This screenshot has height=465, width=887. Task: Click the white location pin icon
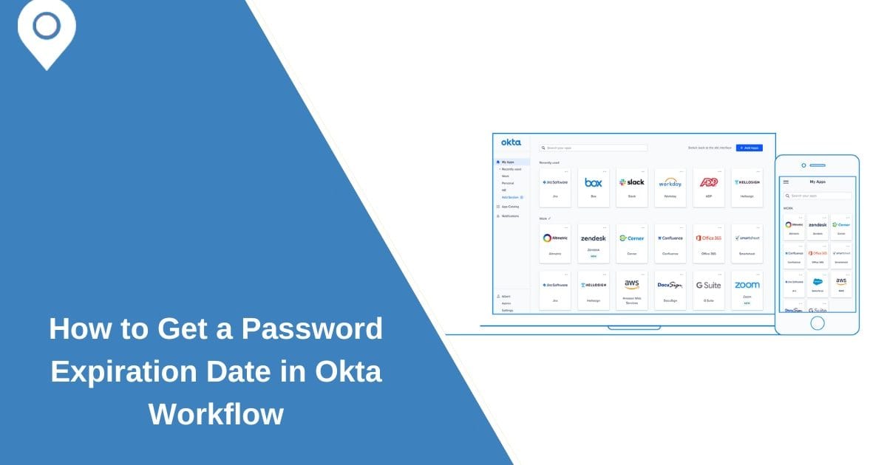47,31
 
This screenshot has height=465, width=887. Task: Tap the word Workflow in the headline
216,413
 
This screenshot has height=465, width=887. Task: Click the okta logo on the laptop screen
511,142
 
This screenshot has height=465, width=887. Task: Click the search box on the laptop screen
593,148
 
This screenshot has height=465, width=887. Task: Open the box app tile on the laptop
594,187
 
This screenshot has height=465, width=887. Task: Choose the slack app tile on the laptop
632,187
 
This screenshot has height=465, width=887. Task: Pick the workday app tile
670,187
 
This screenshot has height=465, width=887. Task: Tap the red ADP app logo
709,182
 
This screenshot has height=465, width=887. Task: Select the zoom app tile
747,290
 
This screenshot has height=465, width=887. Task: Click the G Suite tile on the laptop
709,290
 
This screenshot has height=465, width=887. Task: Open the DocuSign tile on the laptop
670,290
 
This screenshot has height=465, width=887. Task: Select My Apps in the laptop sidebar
508,162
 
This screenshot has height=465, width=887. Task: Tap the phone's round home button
817,323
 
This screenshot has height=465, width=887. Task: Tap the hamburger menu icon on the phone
786,182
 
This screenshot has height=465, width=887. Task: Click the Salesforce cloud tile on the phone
818,284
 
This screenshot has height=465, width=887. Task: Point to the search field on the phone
818,196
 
